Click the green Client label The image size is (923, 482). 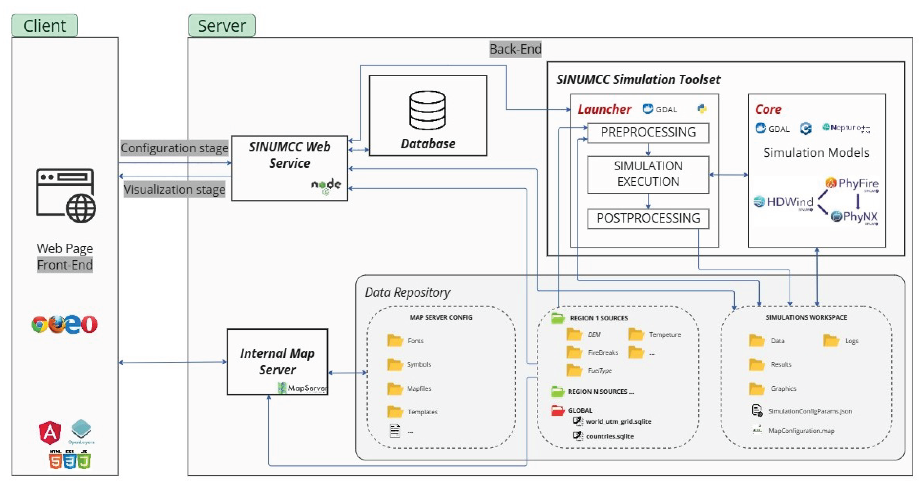pos(44,26)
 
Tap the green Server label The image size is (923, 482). pos(222,26)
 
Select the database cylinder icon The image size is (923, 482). pos(427,110)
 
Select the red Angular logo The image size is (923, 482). pos(50,432)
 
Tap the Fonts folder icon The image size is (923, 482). pos(395,340)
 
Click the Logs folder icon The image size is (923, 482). pos(831,340)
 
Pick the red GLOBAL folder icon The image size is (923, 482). pos(558,410)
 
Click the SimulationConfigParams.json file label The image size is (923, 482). pos(810,411)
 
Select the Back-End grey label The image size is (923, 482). pos(515,49)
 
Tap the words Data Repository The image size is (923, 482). pos(407,292)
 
